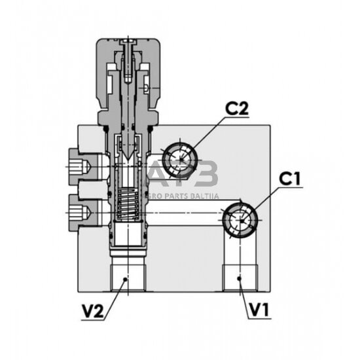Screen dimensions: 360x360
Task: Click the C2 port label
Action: [x=237, y=109]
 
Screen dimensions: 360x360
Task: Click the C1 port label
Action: [x=290, y=179]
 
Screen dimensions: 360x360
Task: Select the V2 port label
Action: [x=93, y=311]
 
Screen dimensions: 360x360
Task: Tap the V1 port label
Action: [x=259, y=310]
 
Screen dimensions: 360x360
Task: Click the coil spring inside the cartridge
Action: [x=128, y=204]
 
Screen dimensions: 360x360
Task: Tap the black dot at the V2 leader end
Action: [x=125, y=279]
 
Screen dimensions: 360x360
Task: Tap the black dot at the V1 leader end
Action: [x=239, y=278]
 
